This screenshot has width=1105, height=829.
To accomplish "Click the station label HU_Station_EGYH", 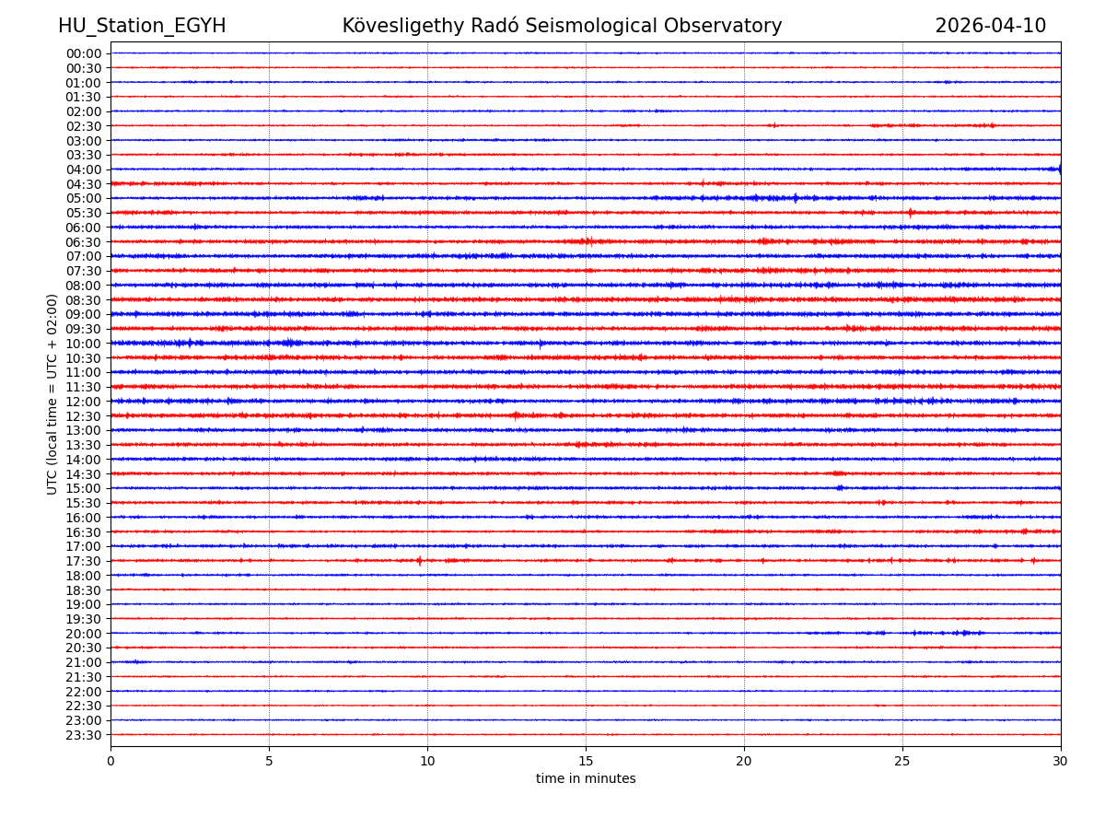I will coord(142,27).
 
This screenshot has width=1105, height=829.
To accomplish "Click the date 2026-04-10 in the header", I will coord(990,27).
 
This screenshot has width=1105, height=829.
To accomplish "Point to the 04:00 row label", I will coord(84,169).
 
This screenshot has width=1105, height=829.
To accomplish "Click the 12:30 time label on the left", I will coord(84,416).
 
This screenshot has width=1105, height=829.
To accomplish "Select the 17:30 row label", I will coord(84,561).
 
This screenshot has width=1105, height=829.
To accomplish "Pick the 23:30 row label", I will coord(84,735).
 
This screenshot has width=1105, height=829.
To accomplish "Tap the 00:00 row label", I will coord(84,53).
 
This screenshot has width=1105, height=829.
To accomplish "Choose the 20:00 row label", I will coord(84,634).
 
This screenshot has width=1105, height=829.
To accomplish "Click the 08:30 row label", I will coord(84,300).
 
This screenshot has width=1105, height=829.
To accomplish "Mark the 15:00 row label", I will coord(84,488).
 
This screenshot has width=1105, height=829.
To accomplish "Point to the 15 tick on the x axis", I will coord(586,762).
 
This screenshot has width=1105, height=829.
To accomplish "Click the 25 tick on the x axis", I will coord(902,762).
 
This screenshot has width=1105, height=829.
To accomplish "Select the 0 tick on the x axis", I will coord(110,762).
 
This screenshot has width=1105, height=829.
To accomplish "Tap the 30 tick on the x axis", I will coord(1061,762).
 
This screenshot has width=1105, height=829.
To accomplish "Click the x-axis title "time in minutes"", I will coord(586,779).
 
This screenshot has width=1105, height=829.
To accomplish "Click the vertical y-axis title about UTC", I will coord(52,394).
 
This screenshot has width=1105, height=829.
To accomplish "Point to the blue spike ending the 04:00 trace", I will coord(1059,169).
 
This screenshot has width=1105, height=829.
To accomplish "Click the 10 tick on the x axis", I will coord(427,762).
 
